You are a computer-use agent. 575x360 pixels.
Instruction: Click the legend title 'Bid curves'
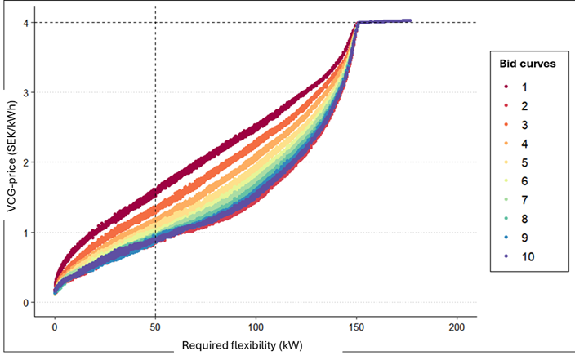pyautogui.click(x=528, y=64)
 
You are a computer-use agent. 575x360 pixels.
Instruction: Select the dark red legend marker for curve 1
pyautogui.click(x=507, y=86)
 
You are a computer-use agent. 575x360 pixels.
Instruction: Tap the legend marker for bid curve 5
pyautogui.click(x=507, y=162)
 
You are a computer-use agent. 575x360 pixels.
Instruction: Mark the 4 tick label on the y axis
pyautogui.click(x=27, y=23)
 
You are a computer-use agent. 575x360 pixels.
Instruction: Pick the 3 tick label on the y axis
pyautogui.click(x=27, y=93)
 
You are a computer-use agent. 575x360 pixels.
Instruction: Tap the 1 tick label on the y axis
pyautogui.click(x=27, y=233)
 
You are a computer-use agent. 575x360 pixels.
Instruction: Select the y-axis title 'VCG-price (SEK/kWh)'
pyautogui.click(x=11, y=163)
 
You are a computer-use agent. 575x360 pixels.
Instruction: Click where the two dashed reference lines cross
pyautogui.click(x=155, y=23)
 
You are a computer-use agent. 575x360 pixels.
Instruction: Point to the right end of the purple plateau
pyautogui.click(x=410, y=21)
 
